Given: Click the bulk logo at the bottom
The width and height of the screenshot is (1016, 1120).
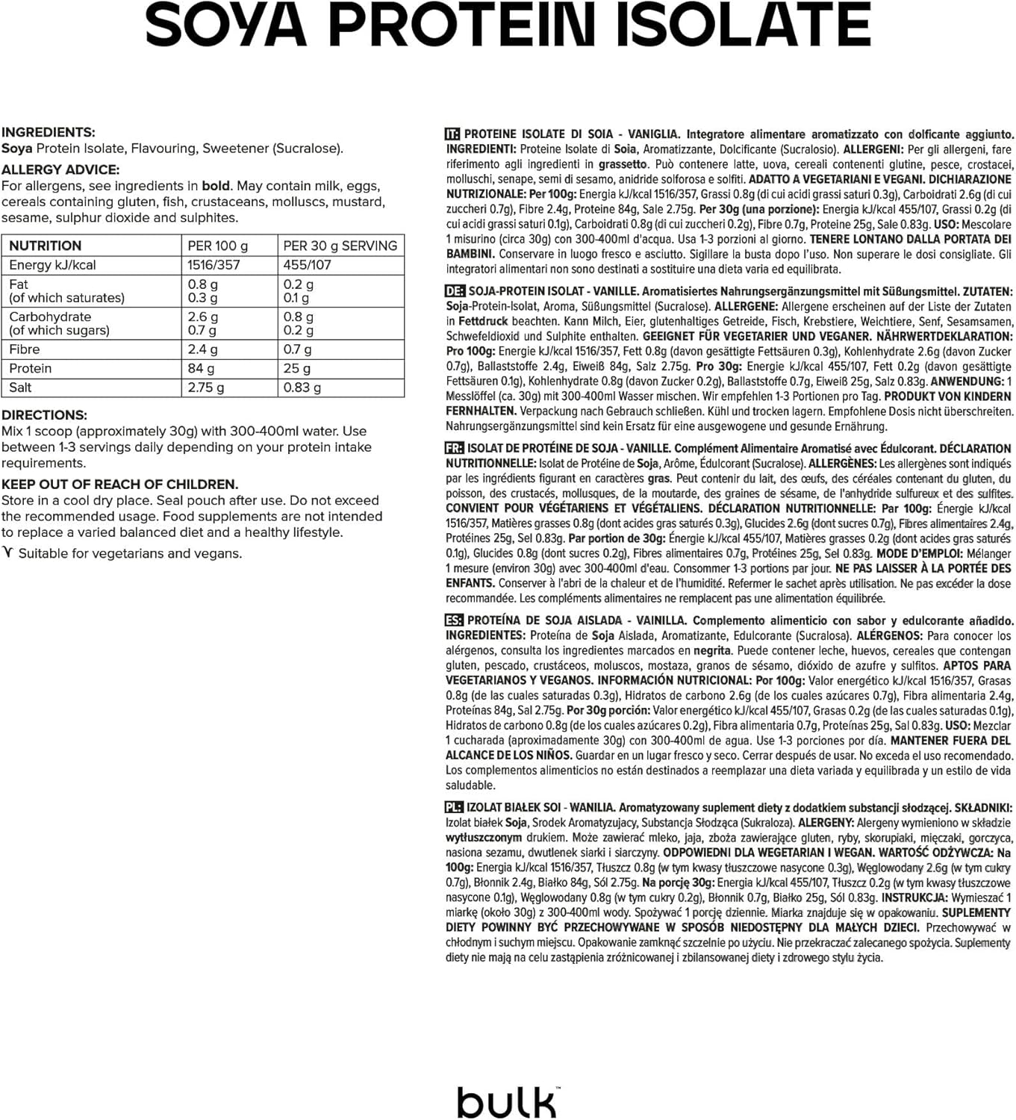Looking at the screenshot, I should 507,1101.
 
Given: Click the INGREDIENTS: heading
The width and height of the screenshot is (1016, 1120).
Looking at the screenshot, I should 49,132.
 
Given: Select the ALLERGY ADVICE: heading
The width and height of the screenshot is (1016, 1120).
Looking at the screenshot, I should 60,169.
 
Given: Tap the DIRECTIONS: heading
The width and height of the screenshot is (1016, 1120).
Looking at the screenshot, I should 44,415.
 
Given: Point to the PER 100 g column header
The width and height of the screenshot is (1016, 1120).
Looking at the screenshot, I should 218,246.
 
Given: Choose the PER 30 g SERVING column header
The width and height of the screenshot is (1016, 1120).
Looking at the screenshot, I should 340,246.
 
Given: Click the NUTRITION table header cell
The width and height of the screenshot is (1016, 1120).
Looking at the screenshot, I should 46,246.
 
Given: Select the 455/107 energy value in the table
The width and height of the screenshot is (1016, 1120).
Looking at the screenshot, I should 307,265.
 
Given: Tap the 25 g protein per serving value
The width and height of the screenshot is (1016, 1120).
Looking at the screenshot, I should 296,368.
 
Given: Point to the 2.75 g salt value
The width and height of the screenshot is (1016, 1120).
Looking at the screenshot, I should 205,388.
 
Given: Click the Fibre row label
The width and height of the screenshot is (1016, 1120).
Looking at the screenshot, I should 25,349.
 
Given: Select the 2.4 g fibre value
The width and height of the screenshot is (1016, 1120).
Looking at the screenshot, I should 202,349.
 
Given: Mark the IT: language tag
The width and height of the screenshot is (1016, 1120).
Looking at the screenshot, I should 452,134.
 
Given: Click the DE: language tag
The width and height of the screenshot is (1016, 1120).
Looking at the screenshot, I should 454,291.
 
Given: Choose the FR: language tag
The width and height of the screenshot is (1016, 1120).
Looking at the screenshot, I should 454,448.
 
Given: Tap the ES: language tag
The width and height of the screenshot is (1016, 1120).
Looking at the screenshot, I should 454,620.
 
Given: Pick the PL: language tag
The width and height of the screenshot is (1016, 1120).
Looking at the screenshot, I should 454,807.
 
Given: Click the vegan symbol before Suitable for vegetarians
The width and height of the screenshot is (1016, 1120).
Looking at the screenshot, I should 8,553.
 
